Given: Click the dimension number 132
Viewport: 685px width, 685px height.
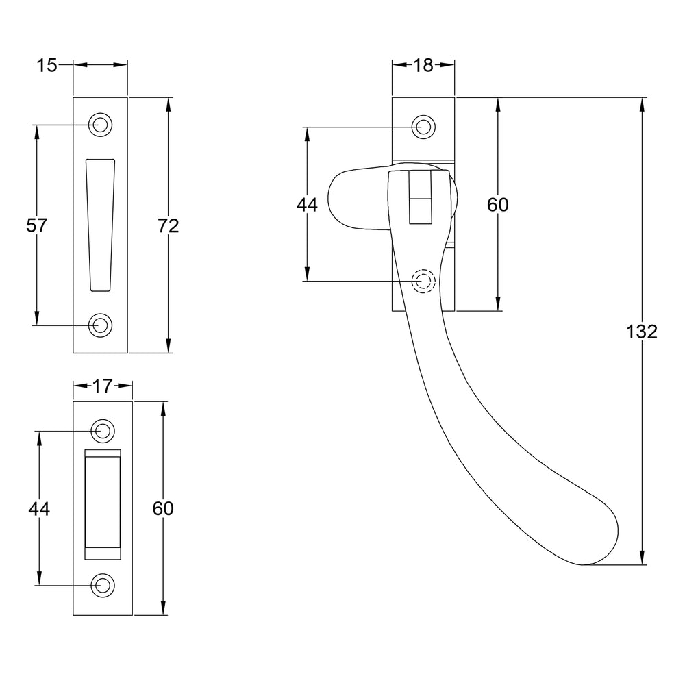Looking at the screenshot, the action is click(x=641, y=332).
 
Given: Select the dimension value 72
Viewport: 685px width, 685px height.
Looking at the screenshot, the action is click(x=169, y=226).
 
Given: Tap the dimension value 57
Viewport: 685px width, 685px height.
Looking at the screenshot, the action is click(x=36, y=225).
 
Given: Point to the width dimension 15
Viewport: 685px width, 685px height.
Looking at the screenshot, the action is click(x=47, y=66).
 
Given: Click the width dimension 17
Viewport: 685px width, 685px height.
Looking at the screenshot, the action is click(x=103, y=386).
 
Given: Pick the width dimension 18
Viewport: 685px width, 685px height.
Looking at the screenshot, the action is click(x=423, y=66).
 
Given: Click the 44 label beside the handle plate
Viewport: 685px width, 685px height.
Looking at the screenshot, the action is click(x=307, y=204).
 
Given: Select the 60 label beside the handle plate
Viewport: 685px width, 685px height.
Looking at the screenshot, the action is click(x=498, y=204).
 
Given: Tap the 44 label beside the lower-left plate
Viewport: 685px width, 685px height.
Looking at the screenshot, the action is click(x=39, y=508).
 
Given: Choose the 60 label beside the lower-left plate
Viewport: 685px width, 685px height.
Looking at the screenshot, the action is click(x=163, y=508).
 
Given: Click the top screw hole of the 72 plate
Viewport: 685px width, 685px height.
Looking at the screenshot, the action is click(x=100, y=125).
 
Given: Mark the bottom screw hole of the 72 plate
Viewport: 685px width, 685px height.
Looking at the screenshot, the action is click(x=100, y=325).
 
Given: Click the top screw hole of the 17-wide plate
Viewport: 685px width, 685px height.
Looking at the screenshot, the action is click(x=103, y=431).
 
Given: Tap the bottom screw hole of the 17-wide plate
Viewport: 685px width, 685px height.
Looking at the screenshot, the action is click(x=103, y=585).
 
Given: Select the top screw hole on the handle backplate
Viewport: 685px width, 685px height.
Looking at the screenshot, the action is click(x=423, y=127).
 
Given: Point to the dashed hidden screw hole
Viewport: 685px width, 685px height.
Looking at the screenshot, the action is click(x=423, y=281).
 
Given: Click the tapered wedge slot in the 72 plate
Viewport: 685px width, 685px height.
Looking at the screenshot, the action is click(x=101, y=225).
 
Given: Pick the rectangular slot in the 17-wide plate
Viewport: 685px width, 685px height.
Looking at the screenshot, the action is click(x=103, y=504).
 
